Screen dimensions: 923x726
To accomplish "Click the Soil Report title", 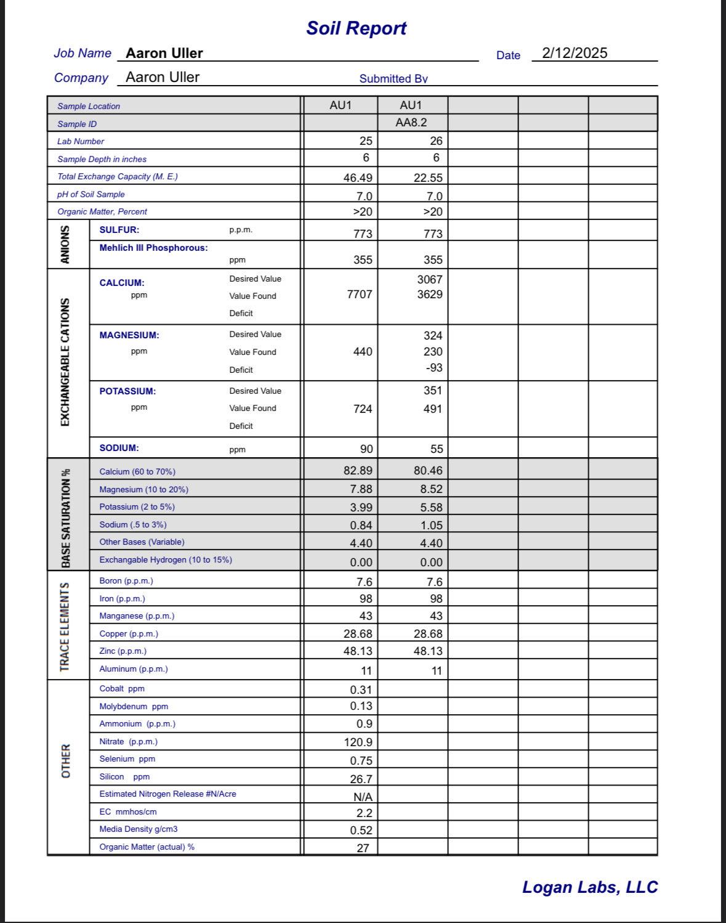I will pyautogui.click(x=357, y=28).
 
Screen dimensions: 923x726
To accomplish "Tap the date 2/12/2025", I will pyautogui.click(x=574, y=53).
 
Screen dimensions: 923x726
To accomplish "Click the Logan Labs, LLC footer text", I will pyautogui.click(x=589, y=887).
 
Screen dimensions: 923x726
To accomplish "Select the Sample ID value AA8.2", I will pyautogui.click(x=411, y=123).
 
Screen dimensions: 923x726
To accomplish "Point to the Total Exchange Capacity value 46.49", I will pyautogui.click(x=357, y=178).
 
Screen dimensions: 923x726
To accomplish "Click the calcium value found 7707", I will pyautogui.click(x=359, y=295).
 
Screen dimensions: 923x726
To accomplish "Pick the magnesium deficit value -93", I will pyautogui.click(x=434, y=368).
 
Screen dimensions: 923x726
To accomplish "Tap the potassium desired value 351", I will pyautogui.click(x=432, y=391).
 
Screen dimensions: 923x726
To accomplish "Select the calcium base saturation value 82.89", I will pyautogui.click(x=357, y=471).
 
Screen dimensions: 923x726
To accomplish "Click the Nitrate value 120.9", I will pyautogui.click(x=357, y=742).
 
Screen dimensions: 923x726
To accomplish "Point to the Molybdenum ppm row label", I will pyautogui.click(x=134, y=707).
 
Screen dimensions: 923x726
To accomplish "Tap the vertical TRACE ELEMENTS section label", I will pyautogui.click(x=65, y=627).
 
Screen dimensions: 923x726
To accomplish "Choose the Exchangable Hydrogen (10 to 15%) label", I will pyautogui.click(x=166, y=560).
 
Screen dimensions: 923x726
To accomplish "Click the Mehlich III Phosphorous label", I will pyautogui.click(x=153, y=248).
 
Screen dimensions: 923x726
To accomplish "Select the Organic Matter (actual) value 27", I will pyautogui.click(x=363, y=848).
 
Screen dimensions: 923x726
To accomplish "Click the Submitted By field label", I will pyautogui.click(x=393, y=79).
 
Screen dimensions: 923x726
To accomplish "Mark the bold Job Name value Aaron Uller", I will pyautogui.click(x=164, y=54).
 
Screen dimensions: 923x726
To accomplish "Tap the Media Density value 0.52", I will pyautogui.click(x=361, y=831).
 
